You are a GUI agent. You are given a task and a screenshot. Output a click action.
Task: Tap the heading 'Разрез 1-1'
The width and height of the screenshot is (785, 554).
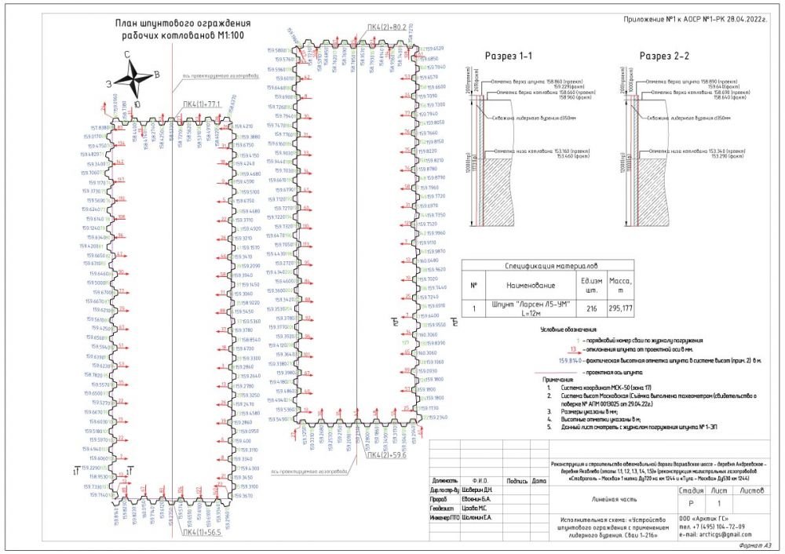click(x=509, y=56)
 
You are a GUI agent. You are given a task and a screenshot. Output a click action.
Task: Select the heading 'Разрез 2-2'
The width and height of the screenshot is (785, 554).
click(x=664, y=56)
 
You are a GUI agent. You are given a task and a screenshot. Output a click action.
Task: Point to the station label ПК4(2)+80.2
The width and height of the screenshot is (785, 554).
click(x=387, y=28)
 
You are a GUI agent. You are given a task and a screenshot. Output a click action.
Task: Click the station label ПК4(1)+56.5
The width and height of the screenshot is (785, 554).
click(x=202, y=534)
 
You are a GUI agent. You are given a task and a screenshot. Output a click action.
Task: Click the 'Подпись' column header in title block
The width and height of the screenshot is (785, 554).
click(x=517, y=480)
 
